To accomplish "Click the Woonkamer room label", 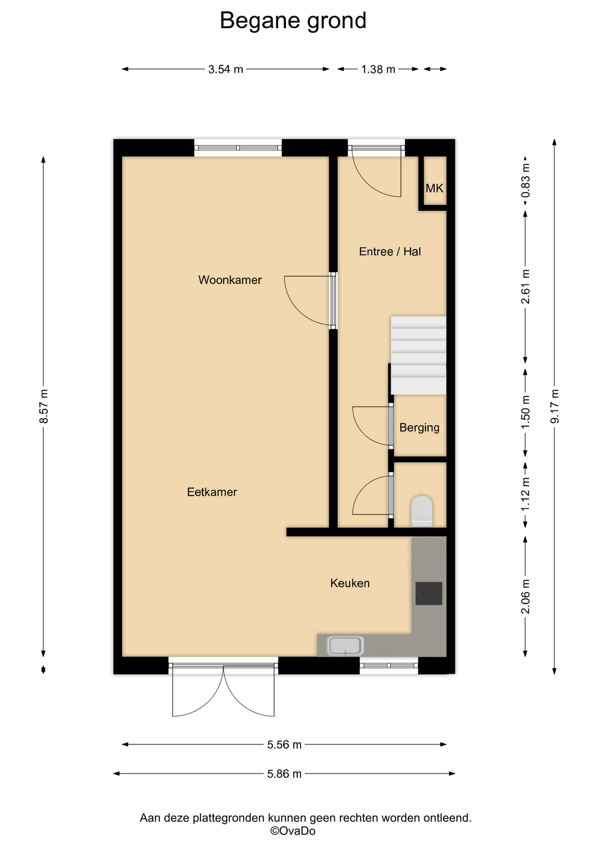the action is (230, 280).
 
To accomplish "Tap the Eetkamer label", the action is (212, 492).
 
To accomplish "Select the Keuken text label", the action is (350, 583).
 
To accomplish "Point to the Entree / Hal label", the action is (390, 252).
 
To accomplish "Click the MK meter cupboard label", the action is (434, 188).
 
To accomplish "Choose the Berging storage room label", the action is (419, 427).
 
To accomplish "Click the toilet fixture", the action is (422, 511).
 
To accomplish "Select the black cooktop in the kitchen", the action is (429, 593).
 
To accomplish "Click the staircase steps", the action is (418, 355).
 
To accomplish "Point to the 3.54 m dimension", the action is (225, 69).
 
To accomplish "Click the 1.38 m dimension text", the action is (378, 69).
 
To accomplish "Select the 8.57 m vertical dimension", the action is (44, 406).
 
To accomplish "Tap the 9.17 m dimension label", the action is (555, 406).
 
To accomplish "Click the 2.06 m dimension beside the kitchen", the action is (525, 597).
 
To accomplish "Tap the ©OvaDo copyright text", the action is (293, 831).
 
